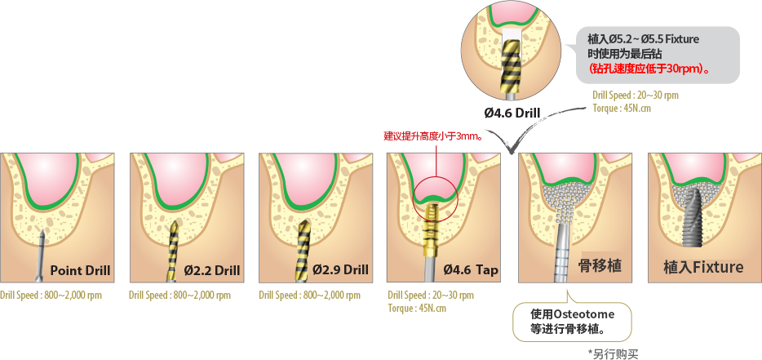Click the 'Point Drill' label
[80, 270]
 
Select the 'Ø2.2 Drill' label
[212, 270]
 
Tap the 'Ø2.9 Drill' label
[341, 269]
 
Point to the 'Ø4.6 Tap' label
[471, 270]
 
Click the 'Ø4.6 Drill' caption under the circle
[512, 113]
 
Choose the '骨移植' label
[600, 265]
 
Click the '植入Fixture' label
[703, 267]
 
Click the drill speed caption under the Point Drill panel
[51, 295]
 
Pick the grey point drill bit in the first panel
[42, 256]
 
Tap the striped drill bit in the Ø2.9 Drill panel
[303, 251]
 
